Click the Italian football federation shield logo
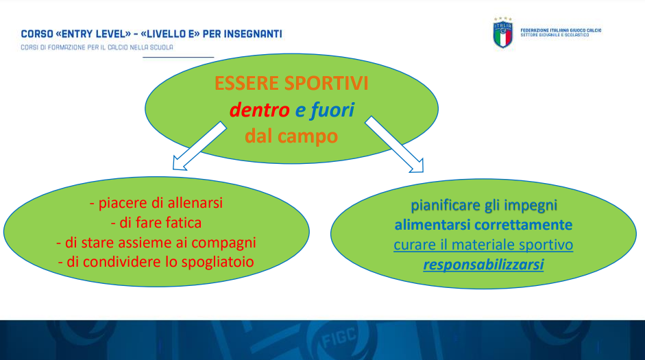click(502, 33)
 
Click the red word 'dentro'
click(260, 110)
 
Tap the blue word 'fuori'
click(332, 110)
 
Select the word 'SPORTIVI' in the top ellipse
click(326, 83)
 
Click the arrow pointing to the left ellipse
click(199, 146)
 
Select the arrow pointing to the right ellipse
click(394, 145)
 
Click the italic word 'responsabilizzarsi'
click(483, 265)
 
